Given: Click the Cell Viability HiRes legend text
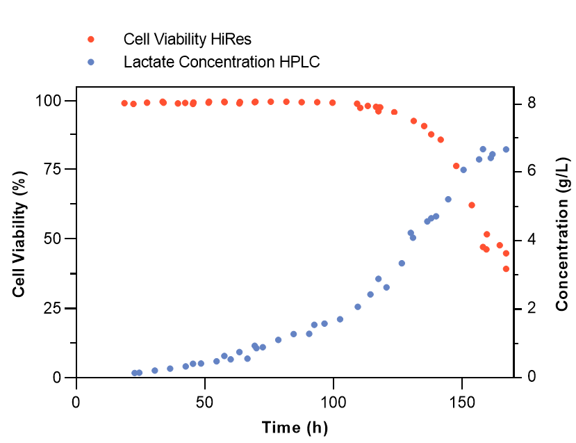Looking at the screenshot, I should point(192,38).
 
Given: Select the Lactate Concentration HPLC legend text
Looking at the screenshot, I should point(221,62).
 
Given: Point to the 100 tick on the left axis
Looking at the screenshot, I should point(53,101).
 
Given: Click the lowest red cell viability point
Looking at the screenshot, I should point(506,269).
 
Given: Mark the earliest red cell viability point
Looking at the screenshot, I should point(124,104).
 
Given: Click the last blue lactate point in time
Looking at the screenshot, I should point(506,150).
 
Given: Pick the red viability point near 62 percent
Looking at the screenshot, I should point(472,205).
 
